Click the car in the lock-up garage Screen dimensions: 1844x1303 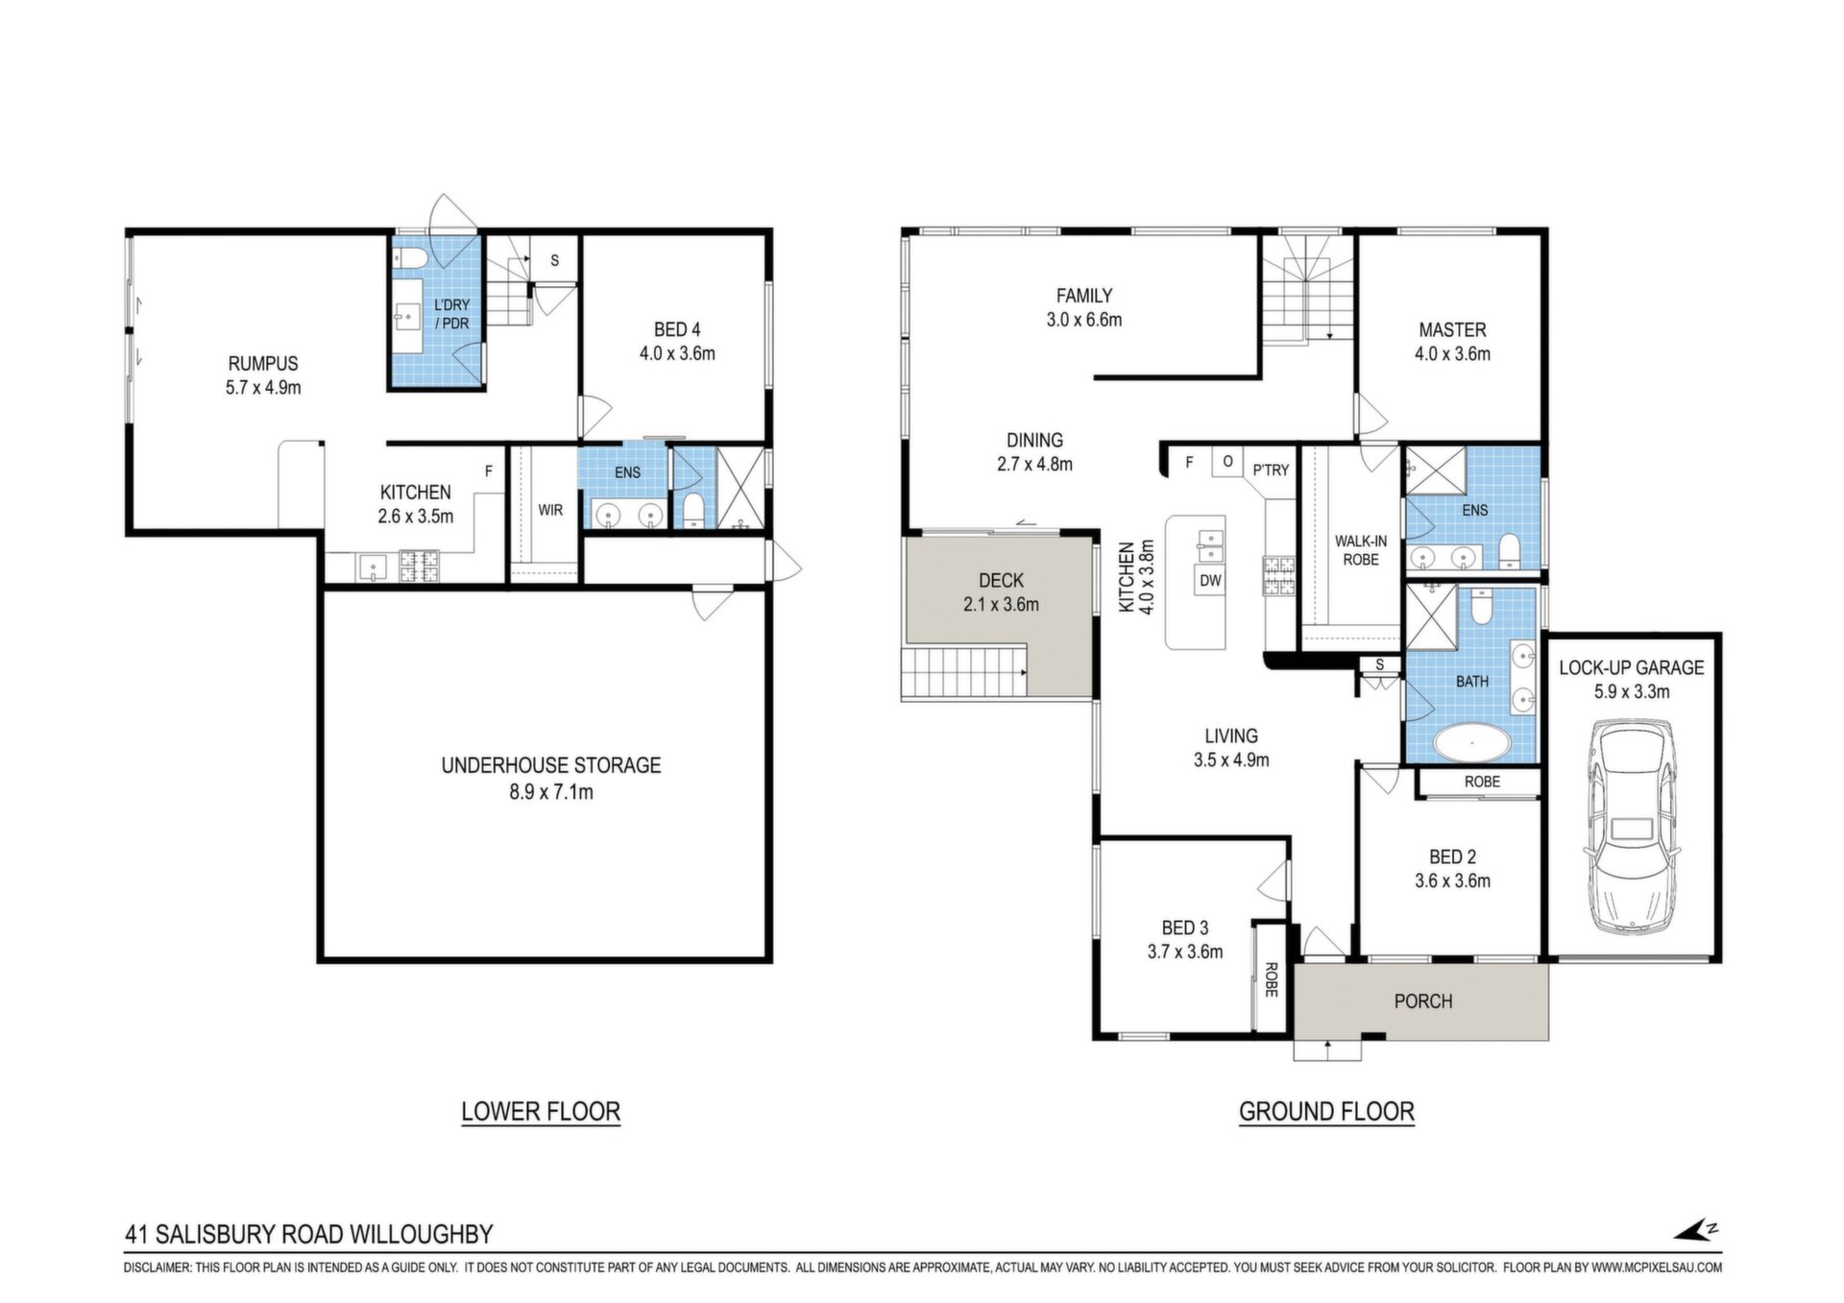tap(1632, 830)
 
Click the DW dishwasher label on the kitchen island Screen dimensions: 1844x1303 tap(1210, 580)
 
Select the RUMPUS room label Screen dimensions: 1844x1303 tap(263, 364)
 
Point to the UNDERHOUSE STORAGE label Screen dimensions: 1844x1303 tap(551, 765)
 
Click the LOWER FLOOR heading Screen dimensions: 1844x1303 tap(541, 1111)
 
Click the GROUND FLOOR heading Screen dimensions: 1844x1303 tap(1326, 1111)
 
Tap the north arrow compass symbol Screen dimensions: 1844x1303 tap(1695, 1230)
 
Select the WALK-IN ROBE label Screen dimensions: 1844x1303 tap(1361, 550)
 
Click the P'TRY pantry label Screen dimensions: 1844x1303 tap(1271, 471)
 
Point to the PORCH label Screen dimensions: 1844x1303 tap(1422, 1001)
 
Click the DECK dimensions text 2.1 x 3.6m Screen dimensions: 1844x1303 tap(1001, 605)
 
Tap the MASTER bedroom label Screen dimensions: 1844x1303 tap(1452, 329)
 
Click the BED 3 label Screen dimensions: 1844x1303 tap(1185, 928)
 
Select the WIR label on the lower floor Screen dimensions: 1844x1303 tap(550, 510)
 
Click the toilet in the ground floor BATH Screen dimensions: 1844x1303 tap(1481, 605)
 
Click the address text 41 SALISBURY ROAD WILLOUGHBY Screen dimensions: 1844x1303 tap(309, 1234)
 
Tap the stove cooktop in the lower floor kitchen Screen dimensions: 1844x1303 tap(419, 566)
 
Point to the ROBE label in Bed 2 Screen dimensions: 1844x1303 tap(1482, 782)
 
